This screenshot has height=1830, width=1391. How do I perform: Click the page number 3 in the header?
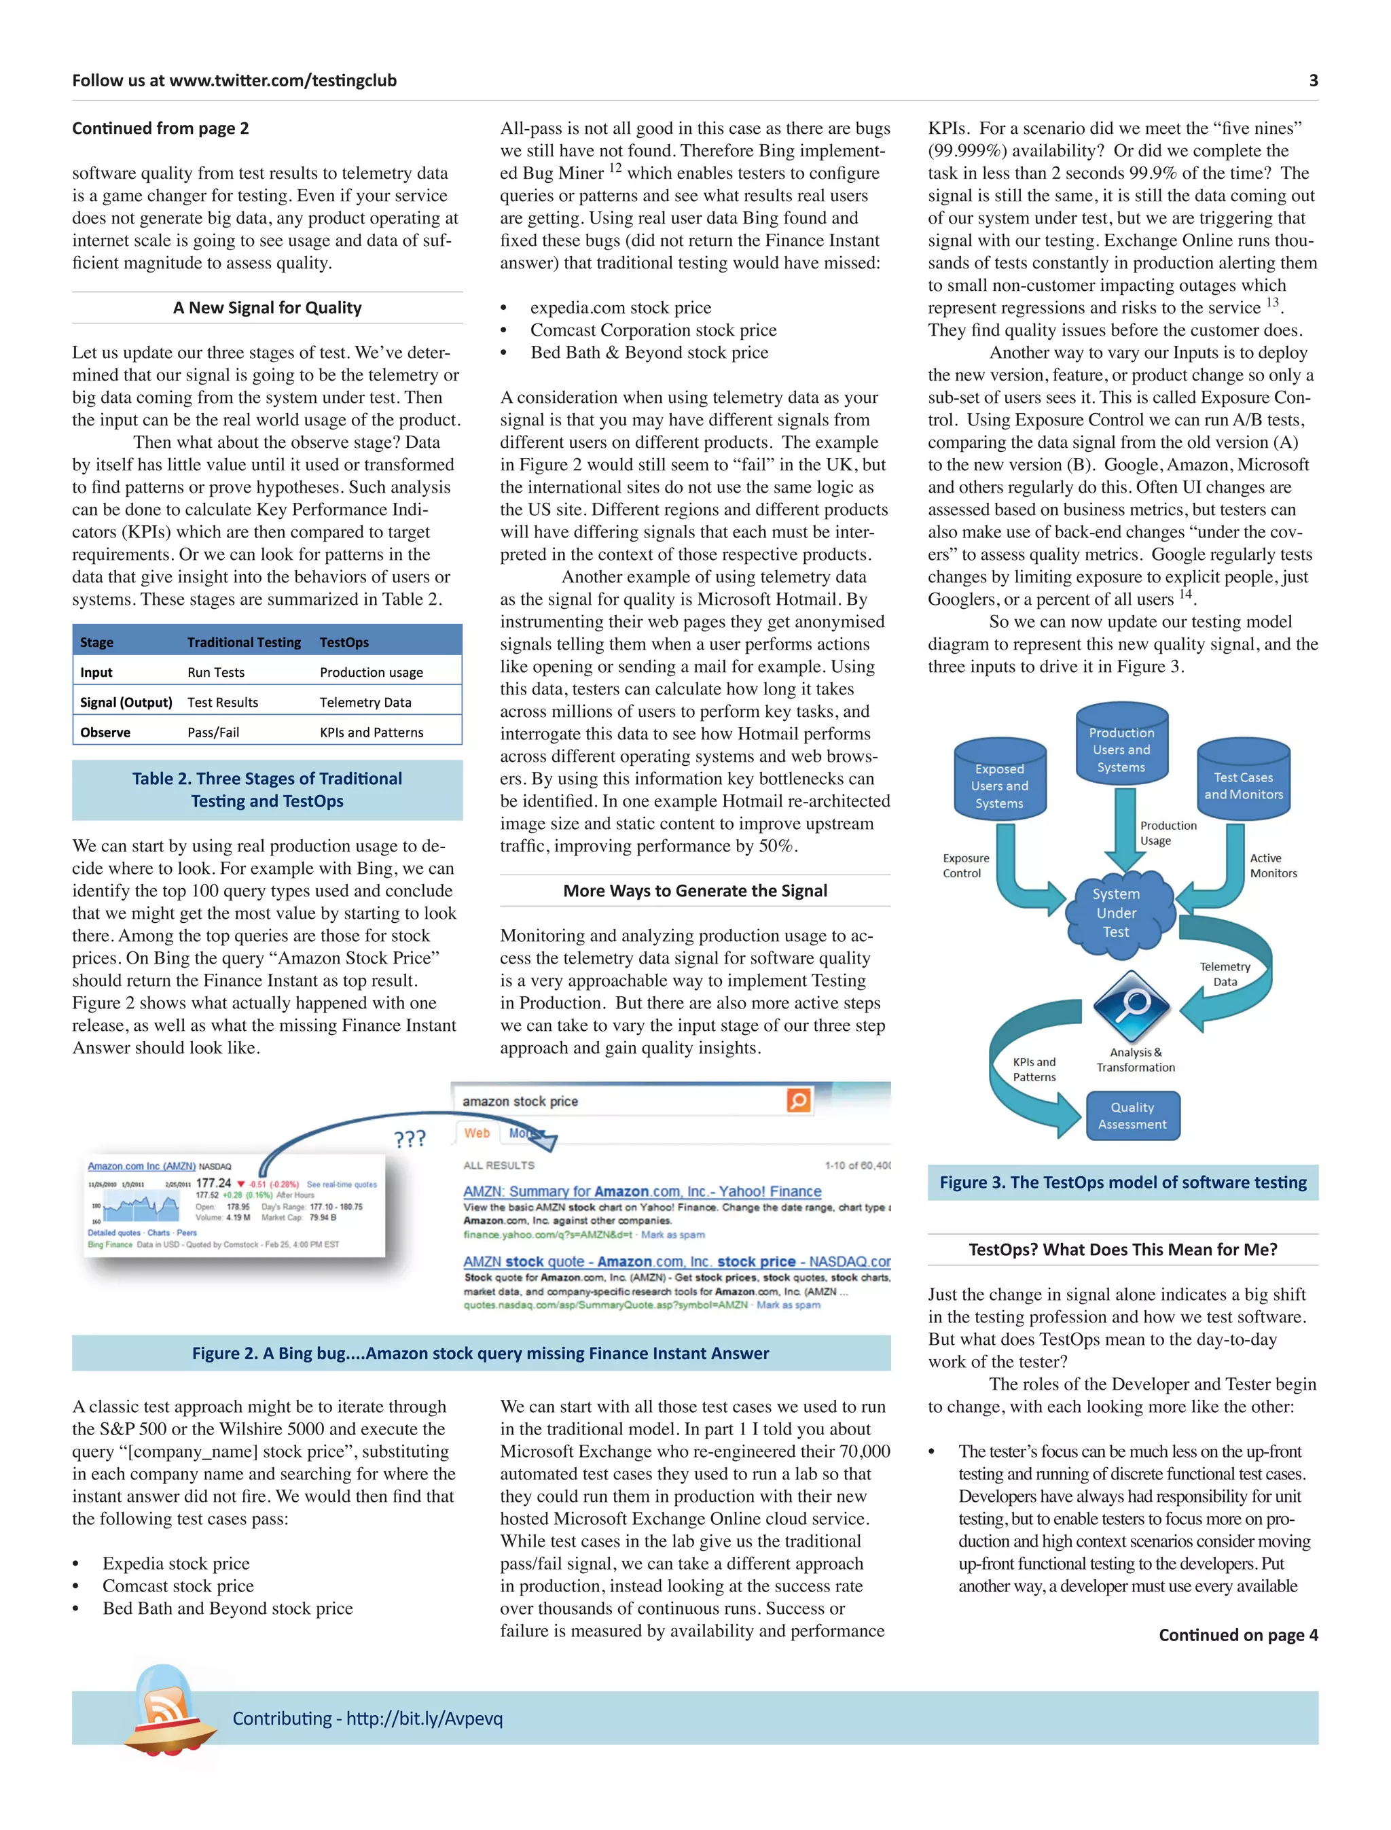pyautogui.click(x=1312, y=80)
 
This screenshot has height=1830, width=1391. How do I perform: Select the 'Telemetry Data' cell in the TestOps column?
pyautogui.click(x=365, y=702)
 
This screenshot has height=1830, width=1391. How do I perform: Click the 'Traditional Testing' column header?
pyautogui.click(x=243, y=642)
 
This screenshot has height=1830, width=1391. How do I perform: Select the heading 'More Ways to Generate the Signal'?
pyautogui.click(x=695, y=891)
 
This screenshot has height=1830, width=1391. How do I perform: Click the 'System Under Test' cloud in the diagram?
pyautogui.click(x=1116, y=913)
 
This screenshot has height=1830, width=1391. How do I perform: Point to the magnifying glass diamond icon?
pyautogui.click(x=1131, y=1006)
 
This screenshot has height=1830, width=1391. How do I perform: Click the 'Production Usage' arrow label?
pyautogui.click(x=1168, y=832)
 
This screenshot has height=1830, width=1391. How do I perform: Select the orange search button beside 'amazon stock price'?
pyautogui.click(x=798, y=1100)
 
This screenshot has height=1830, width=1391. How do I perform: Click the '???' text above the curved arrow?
pyautogui.click(x=410, y=1138)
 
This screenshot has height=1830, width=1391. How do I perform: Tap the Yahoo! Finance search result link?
pyautogui.click(x=642, y=1191)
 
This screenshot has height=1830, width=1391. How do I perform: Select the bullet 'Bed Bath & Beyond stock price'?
pyautogui.click(x=649, y=352)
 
